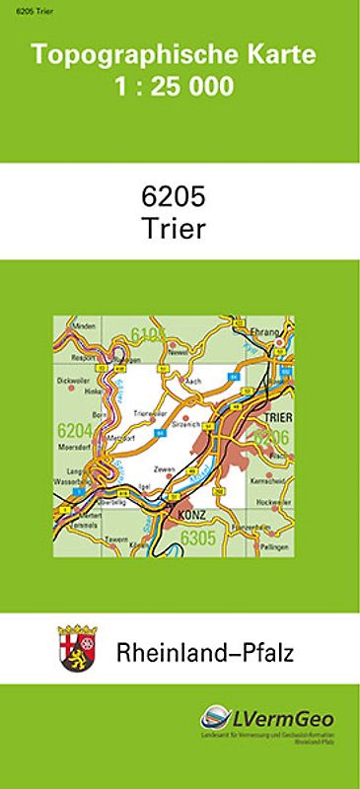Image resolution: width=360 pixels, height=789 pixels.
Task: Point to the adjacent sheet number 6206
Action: click(268, 437)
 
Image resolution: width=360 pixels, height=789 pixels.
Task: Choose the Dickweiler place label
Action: click(74, 379)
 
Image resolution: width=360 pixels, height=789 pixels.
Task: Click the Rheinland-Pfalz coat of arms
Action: click(79, 650)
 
